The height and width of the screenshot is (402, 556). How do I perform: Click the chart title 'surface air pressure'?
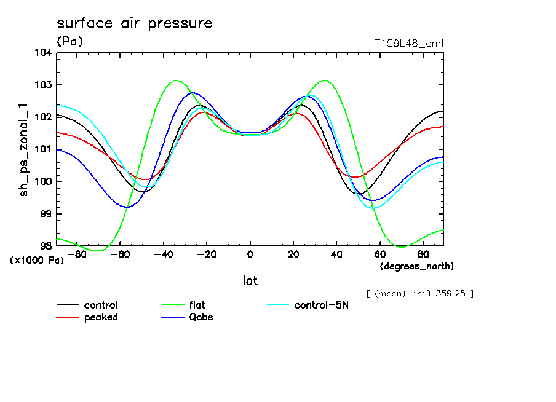coord(134,23)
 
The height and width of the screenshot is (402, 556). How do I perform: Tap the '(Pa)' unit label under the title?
coord(69,41)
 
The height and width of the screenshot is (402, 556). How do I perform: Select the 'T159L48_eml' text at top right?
coord(409,43)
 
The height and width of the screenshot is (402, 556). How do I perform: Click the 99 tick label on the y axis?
coord(45,213)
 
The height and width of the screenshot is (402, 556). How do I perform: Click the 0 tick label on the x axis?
coord(250,253)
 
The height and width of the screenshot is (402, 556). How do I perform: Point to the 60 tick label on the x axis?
coord(379,253)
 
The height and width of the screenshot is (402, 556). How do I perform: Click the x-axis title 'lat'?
coord(250,281)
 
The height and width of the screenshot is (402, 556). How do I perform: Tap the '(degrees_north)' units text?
coord(417,266)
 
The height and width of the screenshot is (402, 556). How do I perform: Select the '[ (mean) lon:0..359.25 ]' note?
coord(419,293)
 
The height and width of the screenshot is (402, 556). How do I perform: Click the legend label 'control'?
coord(101,305)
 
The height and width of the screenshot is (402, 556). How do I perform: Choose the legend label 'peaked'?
coord(101,317)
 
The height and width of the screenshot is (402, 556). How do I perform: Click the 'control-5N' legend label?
coord(321,305)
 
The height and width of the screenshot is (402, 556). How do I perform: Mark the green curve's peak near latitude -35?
coord(176,80)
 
